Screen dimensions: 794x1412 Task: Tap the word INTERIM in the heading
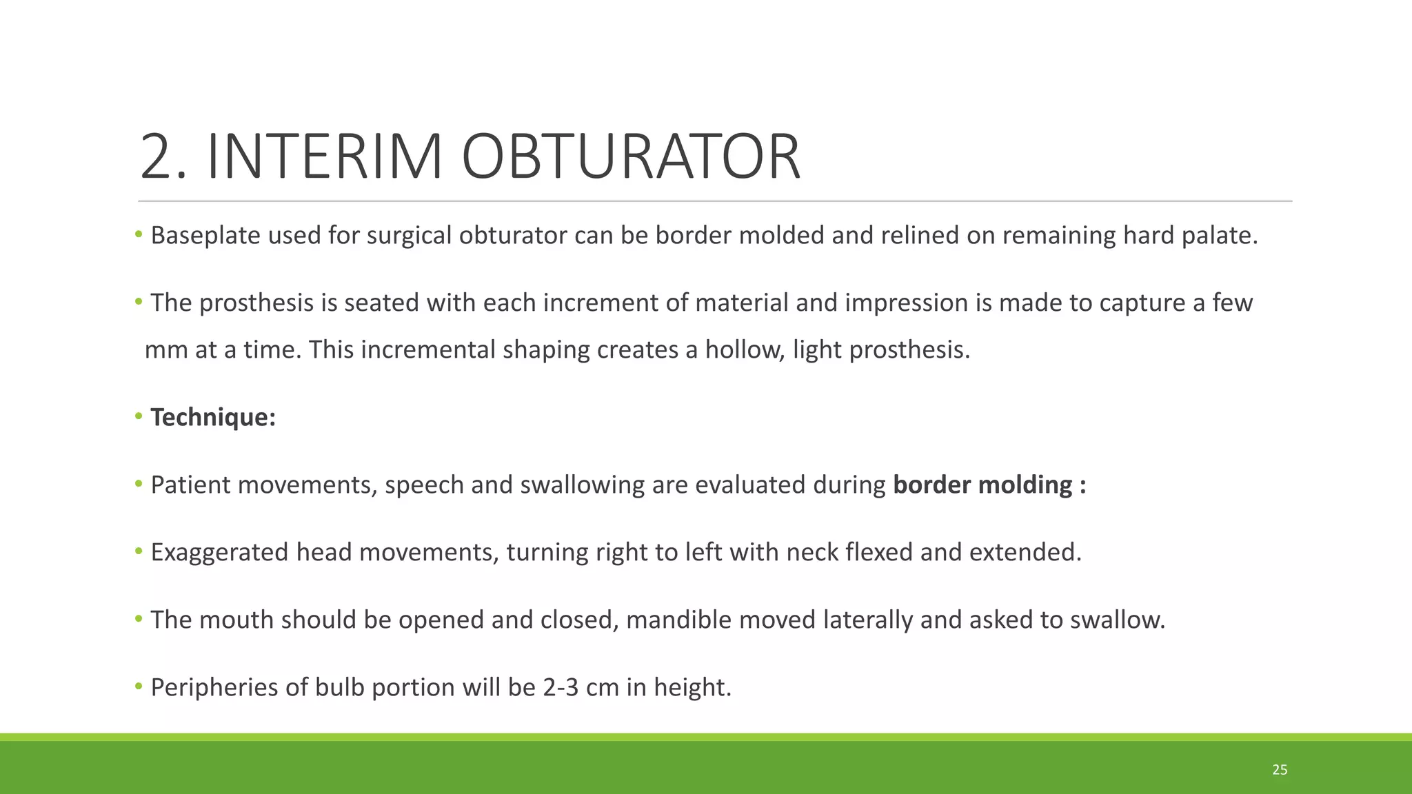coord(324,157)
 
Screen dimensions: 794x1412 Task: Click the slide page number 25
coord(1280,770)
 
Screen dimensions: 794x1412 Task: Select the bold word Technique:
coord(213,418)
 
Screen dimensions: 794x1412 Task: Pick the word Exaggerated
coord(219,553)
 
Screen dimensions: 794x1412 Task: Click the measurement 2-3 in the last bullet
coord(561,688)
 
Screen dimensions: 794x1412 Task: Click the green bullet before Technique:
coord(139,416)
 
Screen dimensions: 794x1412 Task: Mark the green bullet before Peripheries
coord(139,686)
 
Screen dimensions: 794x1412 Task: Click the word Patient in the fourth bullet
coord(190,485)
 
